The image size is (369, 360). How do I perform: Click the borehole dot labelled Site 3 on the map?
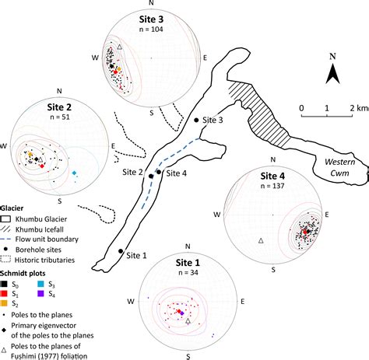(x=195, y=121)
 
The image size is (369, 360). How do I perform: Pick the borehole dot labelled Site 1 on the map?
(x=121, y=251)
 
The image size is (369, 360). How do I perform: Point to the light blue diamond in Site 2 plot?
(x=74, y=172)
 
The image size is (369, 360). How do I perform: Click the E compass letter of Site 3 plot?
(x=204, y=57)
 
